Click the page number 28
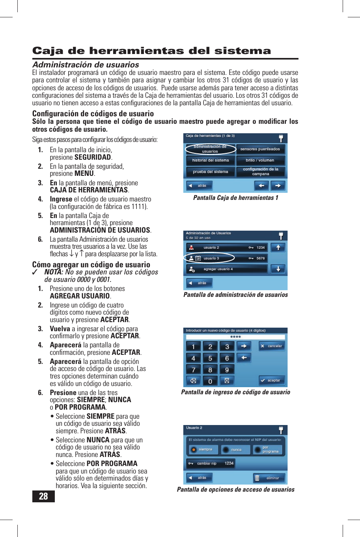(x=43, y=496)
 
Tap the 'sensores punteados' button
(x=260, y=149)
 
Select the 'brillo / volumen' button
(x=260, y=160)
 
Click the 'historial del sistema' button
(x=210, y=160)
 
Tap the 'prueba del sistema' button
(x=210, y=172)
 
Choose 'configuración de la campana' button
(x=260, y=172)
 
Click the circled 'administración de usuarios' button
(x=210, y=149)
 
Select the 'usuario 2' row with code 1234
(x=227, y=248)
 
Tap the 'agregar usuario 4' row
(x=227, y=269)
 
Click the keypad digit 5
(x=210, y=358)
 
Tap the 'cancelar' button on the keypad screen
(x=272, y=346)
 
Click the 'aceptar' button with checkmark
(x=272, y=380)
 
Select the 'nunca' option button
(x=235, y=449)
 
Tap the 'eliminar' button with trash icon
(x=269, y=478)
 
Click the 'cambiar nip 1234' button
(x=211, y=464)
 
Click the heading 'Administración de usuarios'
(x=86, y=65)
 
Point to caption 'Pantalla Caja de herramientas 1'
(x=235, y=198)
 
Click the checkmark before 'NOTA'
(x=35, y=272)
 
